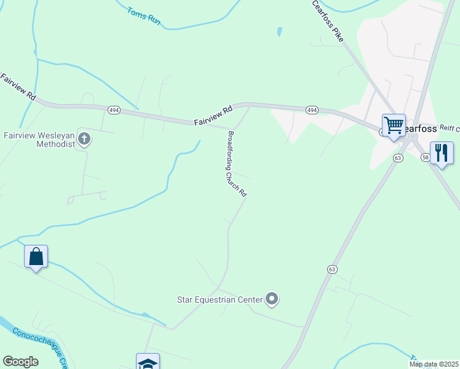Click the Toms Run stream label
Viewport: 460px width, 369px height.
tap(144, 16)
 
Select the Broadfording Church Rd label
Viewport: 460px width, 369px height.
tap(237, 164)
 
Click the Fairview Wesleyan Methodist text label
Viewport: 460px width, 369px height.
tap(39, 139)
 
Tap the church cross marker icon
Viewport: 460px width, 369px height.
tap(85, 140)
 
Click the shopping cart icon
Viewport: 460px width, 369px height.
tap(394, 125)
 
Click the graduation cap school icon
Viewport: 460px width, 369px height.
tap(148, 362)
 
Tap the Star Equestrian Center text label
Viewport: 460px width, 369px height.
tap(220, 300)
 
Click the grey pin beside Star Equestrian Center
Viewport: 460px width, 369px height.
tap(272, 300)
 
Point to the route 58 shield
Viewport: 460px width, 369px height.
tap(426, 158)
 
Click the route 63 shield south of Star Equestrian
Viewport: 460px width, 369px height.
tap(332, 269)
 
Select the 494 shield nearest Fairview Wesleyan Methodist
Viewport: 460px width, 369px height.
tap(113, 110)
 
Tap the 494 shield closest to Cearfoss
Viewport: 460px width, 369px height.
tap(312, 110)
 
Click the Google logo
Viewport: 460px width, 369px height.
tap(20, 362)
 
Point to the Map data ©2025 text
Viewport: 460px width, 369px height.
tap(433, 364)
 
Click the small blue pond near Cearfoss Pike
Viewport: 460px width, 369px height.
tap(280, 31)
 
